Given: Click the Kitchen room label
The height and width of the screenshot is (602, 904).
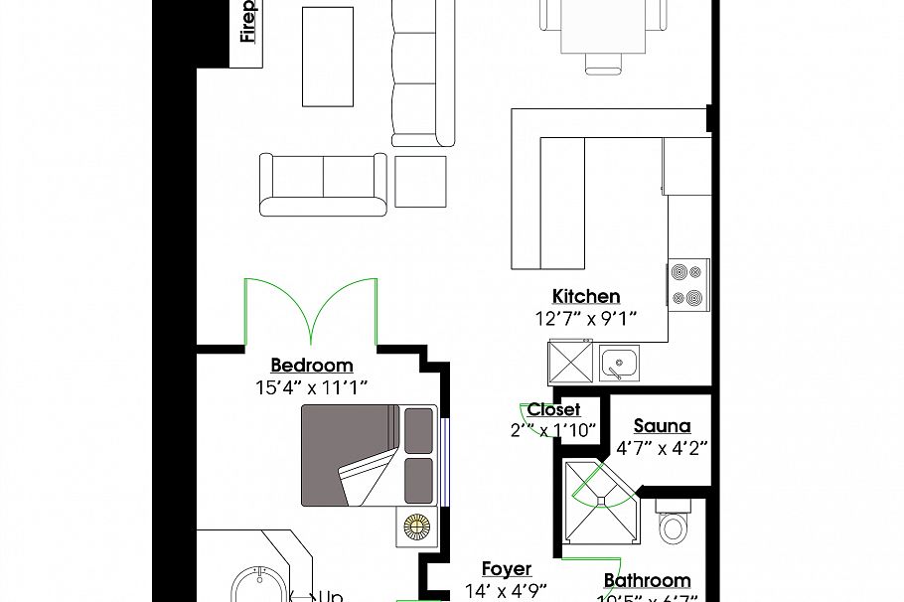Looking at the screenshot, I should click(586, 296).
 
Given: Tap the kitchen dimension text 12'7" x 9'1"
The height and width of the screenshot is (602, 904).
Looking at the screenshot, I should click(586, 318).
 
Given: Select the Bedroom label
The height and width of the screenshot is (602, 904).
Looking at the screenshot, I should click(312, 366).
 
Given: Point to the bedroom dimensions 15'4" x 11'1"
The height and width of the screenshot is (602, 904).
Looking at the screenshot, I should click(312, 387).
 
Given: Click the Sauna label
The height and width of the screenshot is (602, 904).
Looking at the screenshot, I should click(662, 426).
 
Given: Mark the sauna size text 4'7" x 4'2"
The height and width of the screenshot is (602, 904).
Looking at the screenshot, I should click(661, 448).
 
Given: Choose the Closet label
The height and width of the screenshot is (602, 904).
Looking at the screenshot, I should click(553, 409).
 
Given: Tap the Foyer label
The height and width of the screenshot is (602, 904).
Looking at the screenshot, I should click(507, 569).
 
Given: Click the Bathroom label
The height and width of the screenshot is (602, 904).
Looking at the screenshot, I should click(647, 581).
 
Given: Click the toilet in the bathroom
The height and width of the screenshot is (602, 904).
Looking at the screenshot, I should click(674, 524).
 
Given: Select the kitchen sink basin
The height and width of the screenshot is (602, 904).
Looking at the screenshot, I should click(619, 364).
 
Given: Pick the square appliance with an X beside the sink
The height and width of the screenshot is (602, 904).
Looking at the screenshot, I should click(571, 362).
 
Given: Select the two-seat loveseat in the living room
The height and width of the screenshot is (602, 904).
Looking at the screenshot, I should click(323, 184).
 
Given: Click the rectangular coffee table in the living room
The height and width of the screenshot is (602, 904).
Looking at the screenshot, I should click(328, 57).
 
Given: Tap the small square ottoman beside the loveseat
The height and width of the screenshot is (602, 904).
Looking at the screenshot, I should click(421, 181).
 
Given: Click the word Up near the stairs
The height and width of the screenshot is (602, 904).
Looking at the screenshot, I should click(330, 597).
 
